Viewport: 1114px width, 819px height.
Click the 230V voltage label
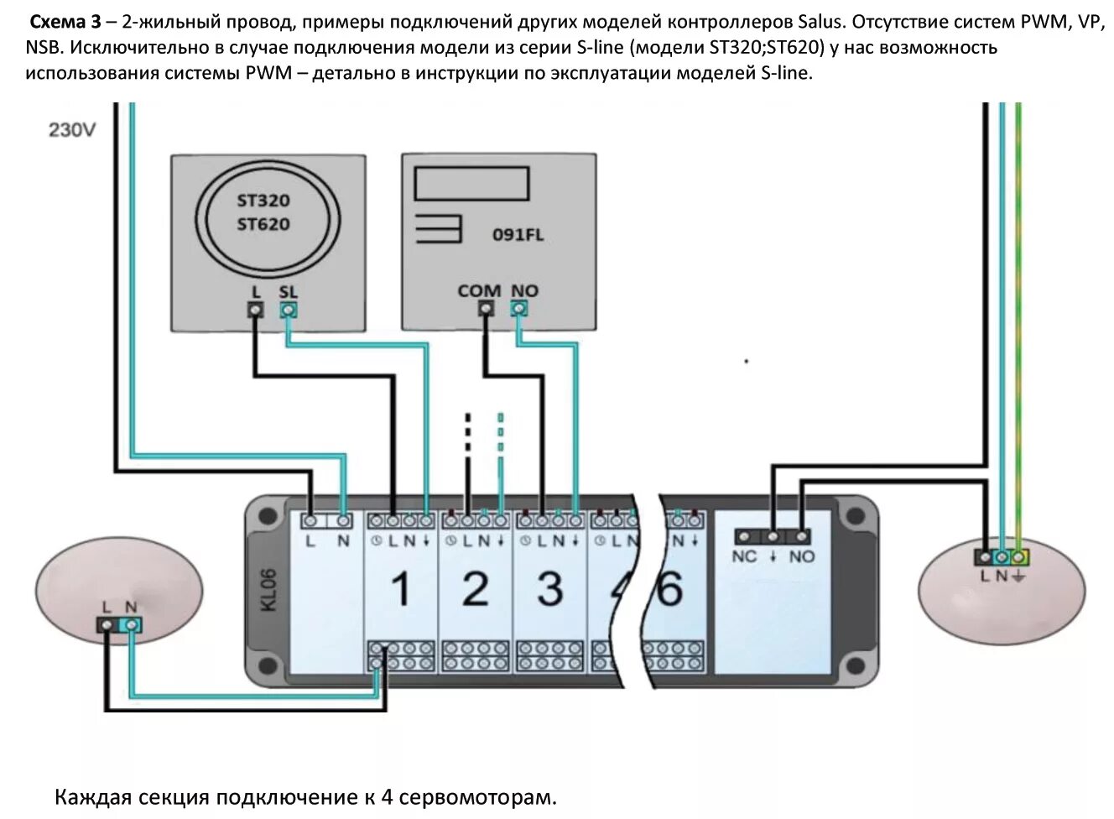(x=72, y=130)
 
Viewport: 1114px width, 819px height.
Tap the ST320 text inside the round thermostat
(x=263, y=201)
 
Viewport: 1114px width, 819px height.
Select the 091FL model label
(x=518, y=235)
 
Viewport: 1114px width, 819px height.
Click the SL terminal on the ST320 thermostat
(x=288, y=310)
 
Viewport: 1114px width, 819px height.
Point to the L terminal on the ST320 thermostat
(x=256, y=310)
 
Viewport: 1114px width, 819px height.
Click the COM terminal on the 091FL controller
(x=486, y=309)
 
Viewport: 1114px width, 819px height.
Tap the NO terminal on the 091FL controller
(x=519, y=309)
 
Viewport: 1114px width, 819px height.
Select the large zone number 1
(x=401, y=589)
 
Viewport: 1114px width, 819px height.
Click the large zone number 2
(x=475, y=589)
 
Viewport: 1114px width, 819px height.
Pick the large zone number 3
(x=549, y=589)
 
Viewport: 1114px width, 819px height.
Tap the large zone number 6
(x=669, y=589)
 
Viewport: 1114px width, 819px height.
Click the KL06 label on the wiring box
(x=269, y=590)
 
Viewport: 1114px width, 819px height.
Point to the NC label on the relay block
(x=744, y=556)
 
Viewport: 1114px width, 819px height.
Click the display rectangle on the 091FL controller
(x=472, y=183)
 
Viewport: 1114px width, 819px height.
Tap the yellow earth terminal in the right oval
(x=1019, y=557)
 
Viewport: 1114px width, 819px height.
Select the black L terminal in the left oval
(x=107, y=625)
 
